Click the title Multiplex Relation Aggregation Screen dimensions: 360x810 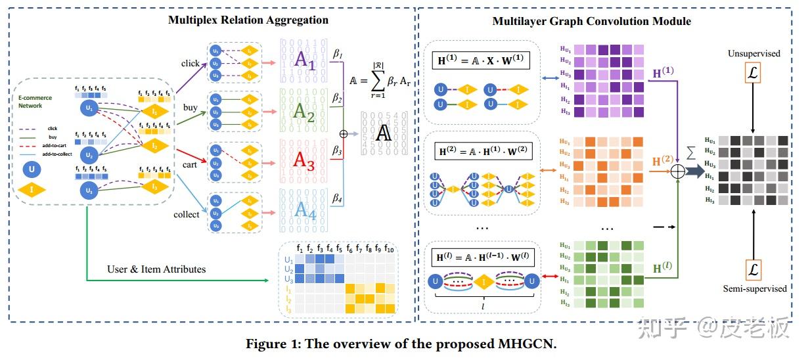coord(248,20)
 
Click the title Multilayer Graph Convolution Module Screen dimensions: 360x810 coord(591,21)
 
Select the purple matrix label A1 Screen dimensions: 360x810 coord(305,60)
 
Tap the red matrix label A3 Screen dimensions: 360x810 coord(304,160)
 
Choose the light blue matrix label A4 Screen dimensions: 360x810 coord(304,210)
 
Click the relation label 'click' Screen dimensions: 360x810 coord(191,63)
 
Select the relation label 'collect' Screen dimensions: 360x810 coord(187,214)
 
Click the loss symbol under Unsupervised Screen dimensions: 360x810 coord(753,73)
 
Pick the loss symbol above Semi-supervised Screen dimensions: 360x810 coord(753,269)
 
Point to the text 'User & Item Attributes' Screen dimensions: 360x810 coord(156,269)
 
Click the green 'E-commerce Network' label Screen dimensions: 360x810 coord(35,102)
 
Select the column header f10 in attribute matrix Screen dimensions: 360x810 coord(389,249)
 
